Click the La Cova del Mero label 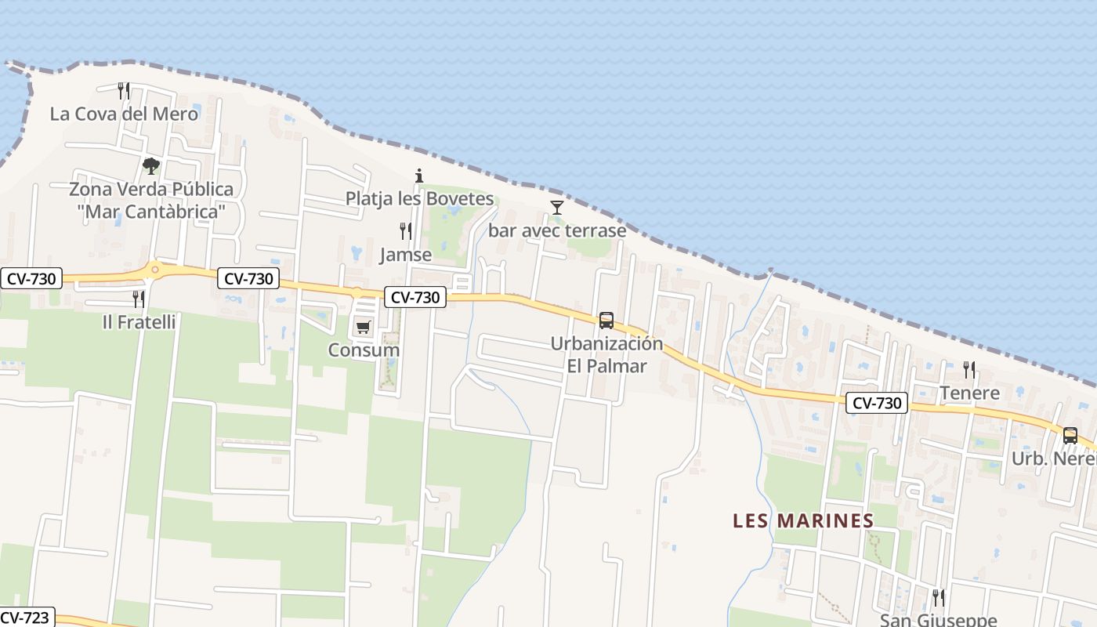124,114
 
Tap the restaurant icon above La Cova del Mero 124,91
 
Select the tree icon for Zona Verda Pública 151,166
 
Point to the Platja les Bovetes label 420,198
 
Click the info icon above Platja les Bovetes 419,176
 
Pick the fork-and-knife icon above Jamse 406,231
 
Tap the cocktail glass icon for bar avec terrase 557,208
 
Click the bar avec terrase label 557,230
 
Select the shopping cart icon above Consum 363,328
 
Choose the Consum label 364,350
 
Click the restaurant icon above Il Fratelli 139,299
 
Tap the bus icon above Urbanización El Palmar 606,321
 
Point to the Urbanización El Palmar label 606,354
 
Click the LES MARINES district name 803,520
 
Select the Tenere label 969,393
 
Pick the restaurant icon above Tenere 969,369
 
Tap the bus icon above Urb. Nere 1070,436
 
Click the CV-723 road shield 25,618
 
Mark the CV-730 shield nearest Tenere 877,404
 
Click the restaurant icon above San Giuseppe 938,598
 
